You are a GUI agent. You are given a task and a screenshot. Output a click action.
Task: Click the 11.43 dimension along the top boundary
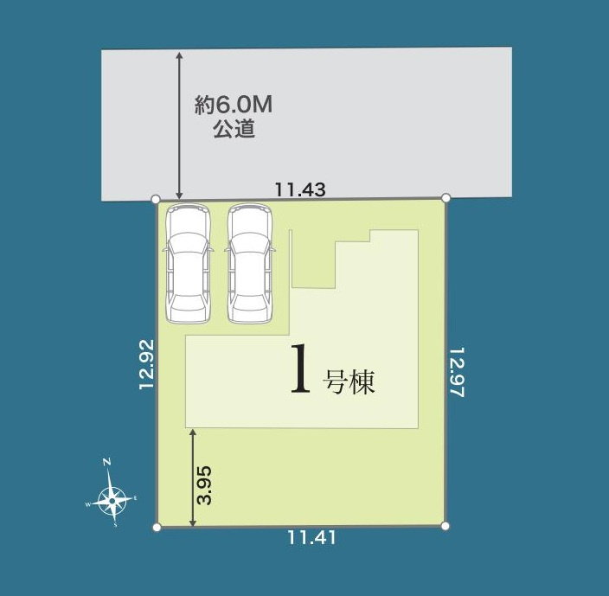pyautogui.click(x=300, y=189)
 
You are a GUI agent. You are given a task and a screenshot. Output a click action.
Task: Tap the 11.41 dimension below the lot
pyautogui.click(x=311, y=537)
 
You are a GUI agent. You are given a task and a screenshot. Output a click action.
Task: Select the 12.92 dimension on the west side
pyautogui.click(x=146, y=364)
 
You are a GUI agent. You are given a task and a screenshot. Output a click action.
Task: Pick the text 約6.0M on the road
pyautogui.click(x=234, y=106)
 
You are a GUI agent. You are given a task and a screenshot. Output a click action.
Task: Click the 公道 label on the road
pyautogui.click(x=234, y=131)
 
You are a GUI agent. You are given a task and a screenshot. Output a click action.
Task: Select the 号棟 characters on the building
pyautogui.click(x=349, y=382)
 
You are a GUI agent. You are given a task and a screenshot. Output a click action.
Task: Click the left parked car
pyautogui.click(x=187, y=263)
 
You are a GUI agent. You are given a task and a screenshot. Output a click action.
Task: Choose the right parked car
pyautogui.click(x=249, y=263)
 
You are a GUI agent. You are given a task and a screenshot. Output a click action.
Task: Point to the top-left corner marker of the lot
pyautogui.click(x=156, y=199)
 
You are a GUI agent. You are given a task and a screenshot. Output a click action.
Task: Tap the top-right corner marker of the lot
pyautogui.click(x=446, y=198)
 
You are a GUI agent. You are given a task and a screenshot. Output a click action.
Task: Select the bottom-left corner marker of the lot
pyautogui.click(x=157, y=526)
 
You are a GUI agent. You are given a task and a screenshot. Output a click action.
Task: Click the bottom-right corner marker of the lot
pyautogui.click(x=445, y=525)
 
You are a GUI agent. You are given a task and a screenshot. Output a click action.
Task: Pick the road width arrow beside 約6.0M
pyautogui.click(x=179, y=125)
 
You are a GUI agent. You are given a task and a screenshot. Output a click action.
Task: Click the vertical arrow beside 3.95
pyautogui.click(x=192, y=476)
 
